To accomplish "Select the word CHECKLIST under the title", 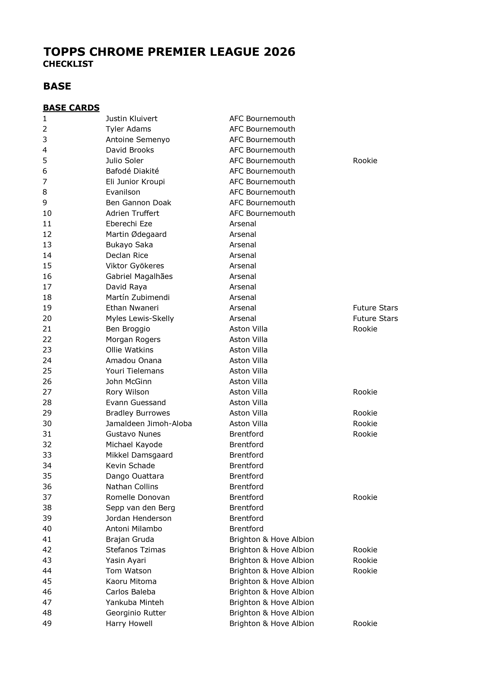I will coord(68,64).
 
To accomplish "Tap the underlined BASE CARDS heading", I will coord(71,108).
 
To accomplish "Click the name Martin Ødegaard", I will coord(136,234).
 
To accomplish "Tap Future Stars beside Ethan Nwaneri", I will coord(375,308).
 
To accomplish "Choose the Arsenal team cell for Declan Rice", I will coord(243,255).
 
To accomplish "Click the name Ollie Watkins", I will coord(130,350).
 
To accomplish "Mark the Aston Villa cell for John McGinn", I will coord(248,382).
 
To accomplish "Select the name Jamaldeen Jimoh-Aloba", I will coord(149,424).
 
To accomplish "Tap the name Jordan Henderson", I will coord(138,518).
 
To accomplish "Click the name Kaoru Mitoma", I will coord(131,581).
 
